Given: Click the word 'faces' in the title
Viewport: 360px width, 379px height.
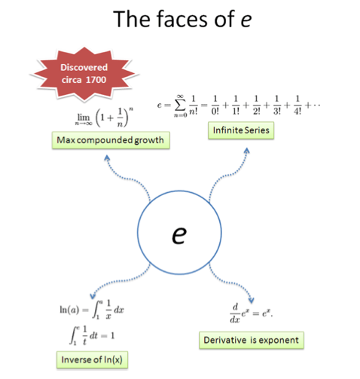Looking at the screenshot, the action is pyautogui.click(x=182, y=19).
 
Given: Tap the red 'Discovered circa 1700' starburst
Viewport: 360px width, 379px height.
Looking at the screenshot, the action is pyautogui.click(x=84, y=74).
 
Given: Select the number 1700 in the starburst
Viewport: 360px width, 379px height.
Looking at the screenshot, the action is pyautogui.click(x=96, y=80).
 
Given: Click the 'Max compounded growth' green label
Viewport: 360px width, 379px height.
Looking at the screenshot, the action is pyautogui.click(x=111, y=140).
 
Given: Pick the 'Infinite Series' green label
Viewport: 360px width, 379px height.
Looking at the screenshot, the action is pyautogui.click(x=241, y=130).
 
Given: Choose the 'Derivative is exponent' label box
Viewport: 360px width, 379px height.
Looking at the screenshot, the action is pyautogui.click(x=252, y=340).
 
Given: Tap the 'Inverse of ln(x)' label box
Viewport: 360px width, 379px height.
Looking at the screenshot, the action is pyautogui.click(x=92, y=359).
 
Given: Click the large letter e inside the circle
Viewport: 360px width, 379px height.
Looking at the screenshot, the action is pyautogui.click(x=179, y=234).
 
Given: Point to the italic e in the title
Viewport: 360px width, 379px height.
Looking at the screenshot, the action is pyautogui.click(x=246, y=20).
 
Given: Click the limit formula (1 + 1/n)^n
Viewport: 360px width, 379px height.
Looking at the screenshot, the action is pyautogui.click(x=104, y=118).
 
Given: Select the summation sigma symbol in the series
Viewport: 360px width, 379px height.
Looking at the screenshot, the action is pyautogui.click(x=180, y=105).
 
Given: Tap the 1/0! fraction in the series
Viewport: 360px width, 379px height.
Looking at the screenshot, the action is pyautogui.click(x=215, y=105).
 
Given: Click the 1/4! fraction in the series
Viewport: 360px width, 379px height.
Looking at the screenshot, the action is pyautogui.click(x=297, y=105).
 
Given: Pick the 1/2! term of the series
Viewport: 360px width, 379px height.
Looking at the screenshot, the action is pyautogui.click(x=256, y=105).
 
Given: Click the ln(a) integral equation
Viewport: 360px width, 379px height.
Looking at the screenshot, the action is pyautogui.click(x=92, y=310).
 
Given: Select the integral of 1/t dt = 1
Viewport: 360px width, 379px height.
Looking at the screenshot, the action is pyautogui.click(x=92, y=335).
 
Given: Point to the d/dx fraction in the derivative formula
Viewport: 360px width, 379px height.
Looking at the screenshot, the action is pyautogui.click(x=235, y=313).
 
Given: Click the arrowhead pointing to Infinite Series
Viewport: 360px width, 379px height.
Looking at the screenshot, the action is pyautogui.click(x=247, y=150).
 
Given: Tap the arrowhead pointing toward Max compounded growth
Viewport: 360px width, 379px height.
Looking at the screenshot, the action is pyautogui.click(x=107, y=157).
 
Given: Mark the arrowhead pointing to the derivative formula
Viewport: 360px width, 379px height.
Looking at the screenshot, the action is pyautogui.click(x=252, y=300).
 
